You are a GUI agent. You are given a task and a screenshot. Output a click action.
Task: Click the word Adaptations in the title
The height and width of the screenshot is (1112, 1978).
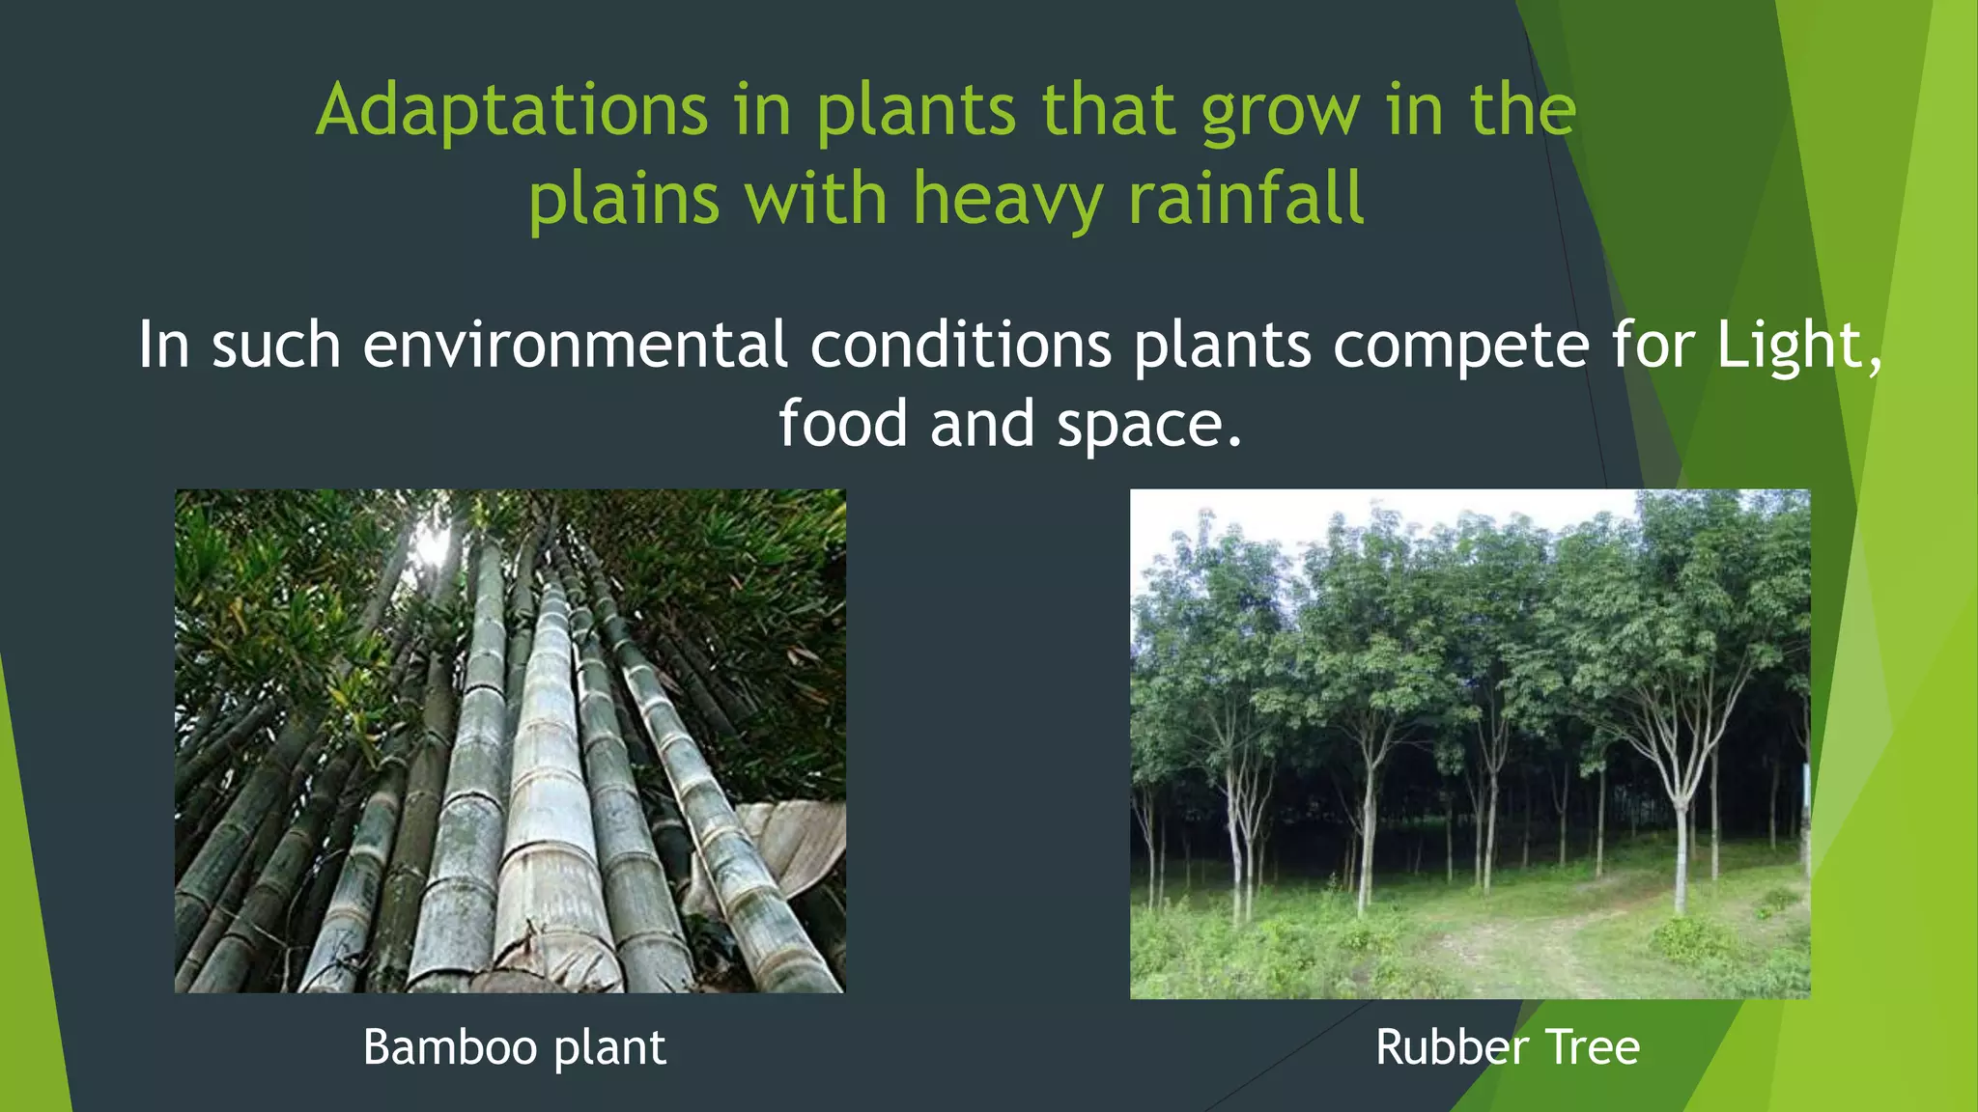coord(512,110)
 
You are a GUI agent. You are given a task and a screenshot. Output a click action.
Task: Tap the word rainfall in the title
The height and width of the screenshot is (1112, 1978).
coord(1246,199)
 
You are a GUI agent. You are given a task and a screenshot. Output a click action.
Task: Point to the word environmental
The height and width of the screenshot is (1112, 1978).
coord(575,345)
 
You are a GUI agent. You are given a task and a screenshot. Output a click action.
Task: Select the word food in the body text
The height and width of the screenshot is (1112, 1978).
coord(842,424)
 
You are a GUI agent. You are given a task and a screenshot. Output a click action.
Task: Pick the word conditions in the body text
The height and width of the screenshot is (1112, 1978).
coord(960,345)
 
